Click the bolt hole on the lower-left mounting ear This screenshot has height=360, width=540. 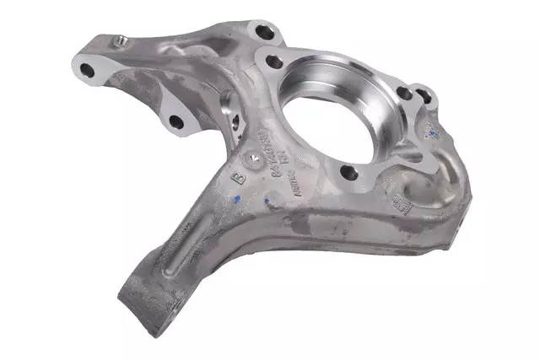click(x=175, y=122)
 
